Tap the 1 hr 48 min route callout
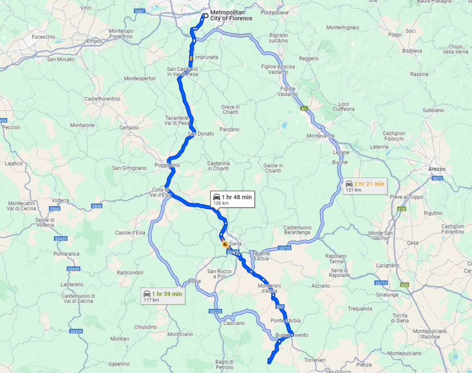(232, 199)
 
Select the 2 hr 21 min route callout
(365, 186)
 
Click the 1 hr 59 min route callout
(163, 296)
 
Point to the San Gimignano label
(130, 168)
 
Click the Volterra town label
(60, 200)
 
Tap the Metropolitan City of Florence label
(231, 15)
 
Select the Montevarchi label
(320, 136)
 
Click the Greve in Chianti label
(230, 109)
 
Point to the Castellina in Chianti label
(218, 166)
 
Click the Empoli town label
(94, 41)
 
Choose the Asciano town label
(320, 286)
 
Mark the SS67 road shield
(140, 11)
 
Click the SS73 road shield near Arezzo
(437, 178)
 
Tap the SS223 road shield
(215, 312)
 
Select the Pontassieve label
(274, 13)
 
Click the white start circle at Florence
(206, 15)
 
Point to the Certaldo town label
(129, 128)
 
